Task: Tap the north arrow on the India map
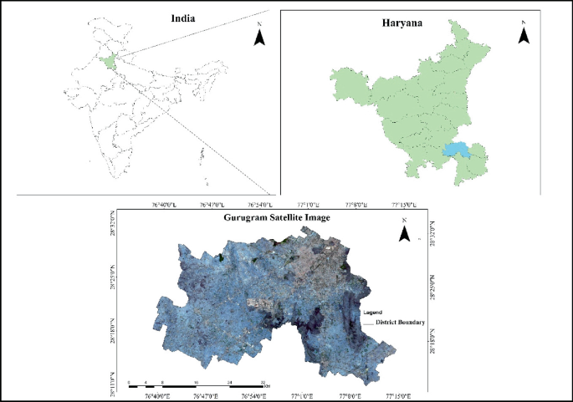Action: [x=260, y=37]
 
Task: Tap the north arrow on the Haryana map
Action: [x=524, y=34]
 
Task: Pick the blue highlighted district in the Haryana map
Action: [x=455, y=151]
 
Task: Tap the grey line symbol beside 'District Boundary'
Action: [x=369, y=323]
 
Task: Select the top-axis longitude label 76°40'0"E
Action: [x=165, y=203]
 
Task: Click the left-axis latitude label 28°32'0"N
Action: [x=115, y=223]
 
